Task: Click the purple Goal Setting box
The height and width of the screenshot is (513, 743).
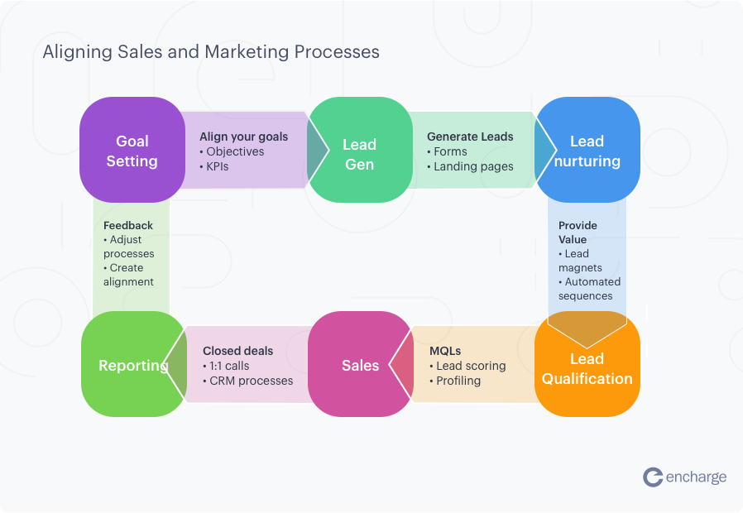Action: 132,151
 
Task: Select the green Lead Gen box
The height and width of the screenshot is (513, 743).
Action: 359,154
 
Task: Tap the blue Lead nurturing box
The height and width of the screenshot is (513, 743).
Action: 587,151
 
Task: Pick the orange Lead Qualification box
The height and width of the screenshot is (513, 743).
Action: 587,368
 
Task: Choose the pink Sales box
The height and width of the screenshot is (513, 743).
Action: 360,365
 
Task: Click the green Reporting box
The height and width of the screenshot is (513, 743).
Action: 132,365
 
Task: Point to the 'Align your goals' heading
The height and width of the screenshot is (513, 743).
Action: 243,137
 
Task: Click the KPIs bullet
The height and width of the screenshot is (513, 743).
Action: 217,166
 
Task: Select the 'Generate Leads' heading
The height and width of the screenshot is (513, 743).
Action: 470,137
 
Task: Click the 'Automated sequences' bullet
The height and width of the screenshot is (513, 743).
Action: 589,289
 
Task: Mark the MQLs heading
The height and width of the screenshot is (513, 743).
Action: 445,351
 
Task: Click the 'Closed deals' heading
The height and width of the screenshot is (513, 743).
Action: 237,351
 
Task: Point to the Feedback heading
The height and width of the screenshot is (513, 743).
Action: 128,225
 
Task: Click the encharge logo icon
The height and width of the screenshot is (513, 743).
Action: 653,477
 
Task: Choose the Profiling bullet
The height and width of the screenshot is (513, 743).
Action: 458,381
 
